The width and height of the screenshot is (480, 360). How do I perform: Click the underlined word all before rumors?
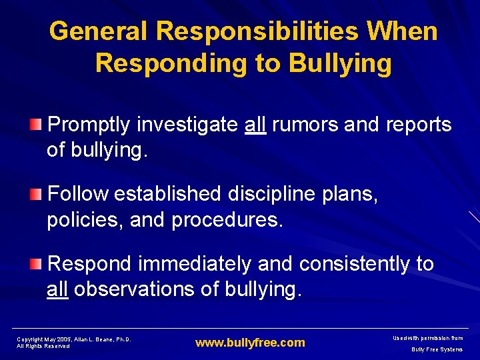pos(255,124)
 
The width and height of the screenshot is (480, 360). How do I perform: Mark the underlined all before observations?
pos(57,289)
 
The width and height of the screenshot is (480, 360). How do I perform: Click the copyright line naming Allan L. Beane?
pos(73,339)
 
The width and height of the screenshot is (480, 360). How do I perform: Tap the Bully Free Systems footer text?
pos(437,349)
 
